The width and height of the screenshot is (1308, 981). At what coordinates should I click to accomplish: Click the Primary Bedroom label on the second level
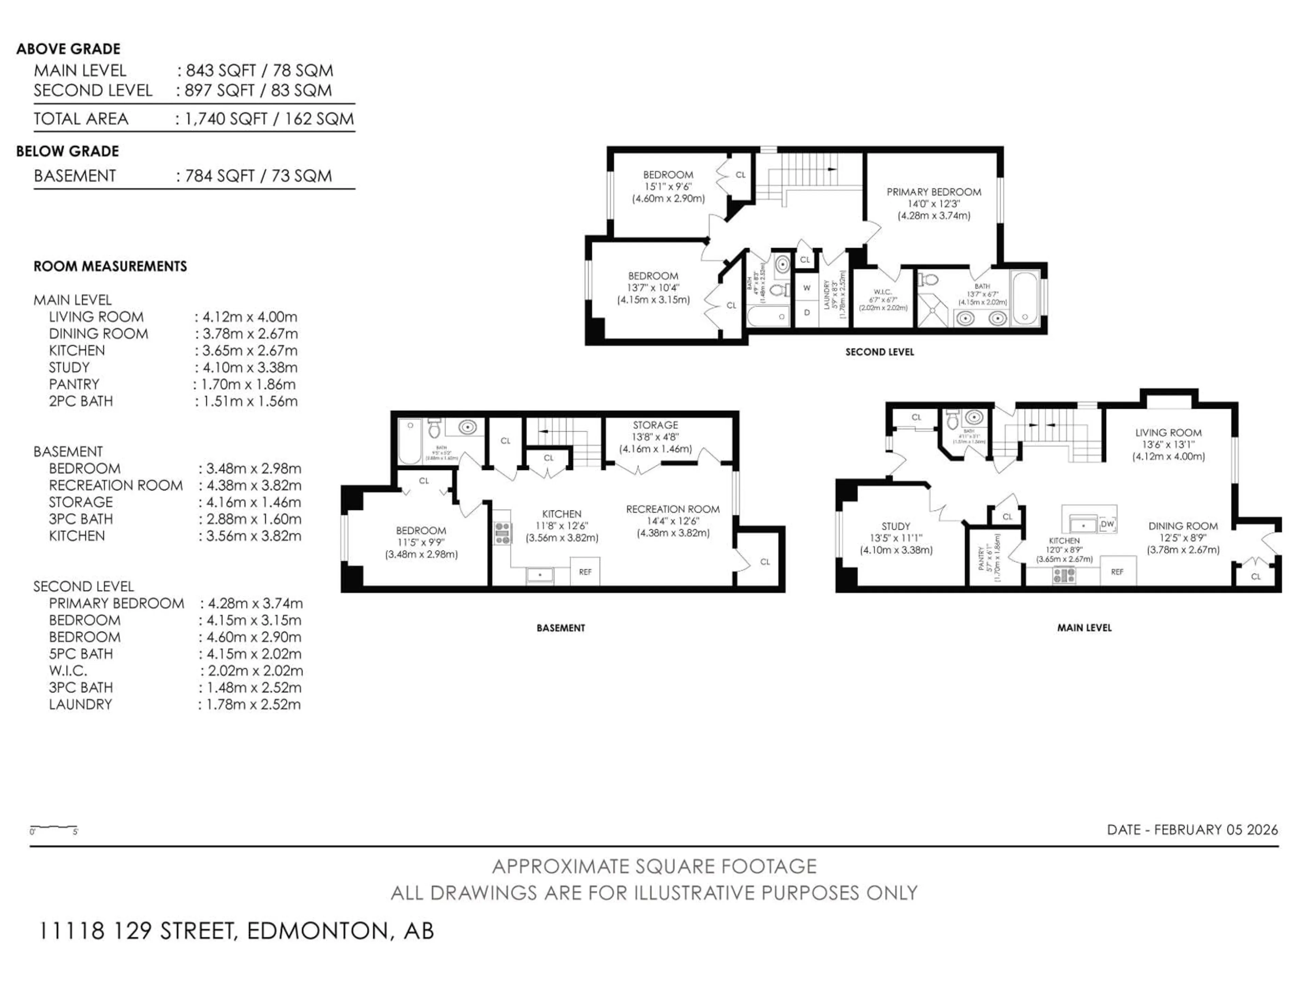point(934,192)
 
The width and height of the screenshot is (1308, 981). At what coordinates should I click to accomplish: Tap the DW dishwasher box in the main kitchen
point(1107,524)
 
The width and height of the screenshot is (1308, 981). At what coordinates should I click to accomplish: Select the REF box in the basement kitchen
point(585,572)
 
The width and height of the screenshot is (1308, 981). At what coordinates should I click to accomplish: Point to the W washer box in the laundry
point(807,288)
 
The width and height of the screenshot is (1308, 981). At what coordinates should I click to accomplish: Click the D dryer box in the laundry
point(807,312)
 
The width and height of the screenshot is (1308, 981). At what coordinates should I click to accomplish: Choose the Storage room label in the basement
point(655,425)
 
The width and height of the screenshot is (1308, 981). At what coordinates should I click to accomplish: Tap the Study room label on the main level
point(896,526)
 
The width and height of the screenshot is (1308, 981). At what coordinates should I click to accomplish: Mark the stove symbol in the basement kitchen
point(503,533)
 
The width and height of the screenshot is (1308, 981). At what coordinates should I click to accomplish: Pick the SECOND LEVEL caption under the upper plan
point(879,352)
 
